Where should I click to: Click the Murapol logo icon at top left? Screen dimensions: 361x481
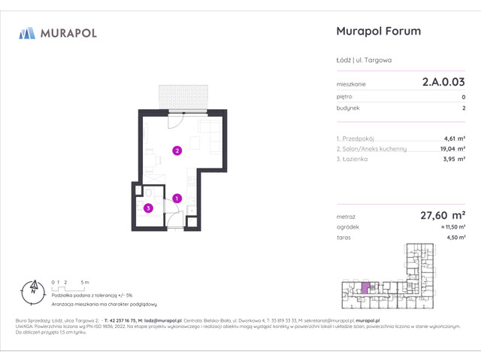tap(28, 32)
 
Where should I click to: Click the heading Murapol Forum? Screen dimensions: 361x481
tap(377, 32)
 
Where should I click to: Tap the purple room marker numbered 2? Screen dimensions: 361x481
tap(177, 150)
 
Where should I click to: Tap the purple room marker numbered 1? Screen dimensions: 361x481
tap(177, 199)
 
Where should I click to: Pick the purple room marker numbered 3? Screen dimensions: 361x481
tap(149, 208)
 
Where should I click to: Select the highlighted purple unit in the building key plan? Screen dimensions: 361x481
tap(366, 287)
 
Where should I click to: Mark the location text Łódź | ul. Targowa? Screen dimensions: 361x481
tap(364, 59)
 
